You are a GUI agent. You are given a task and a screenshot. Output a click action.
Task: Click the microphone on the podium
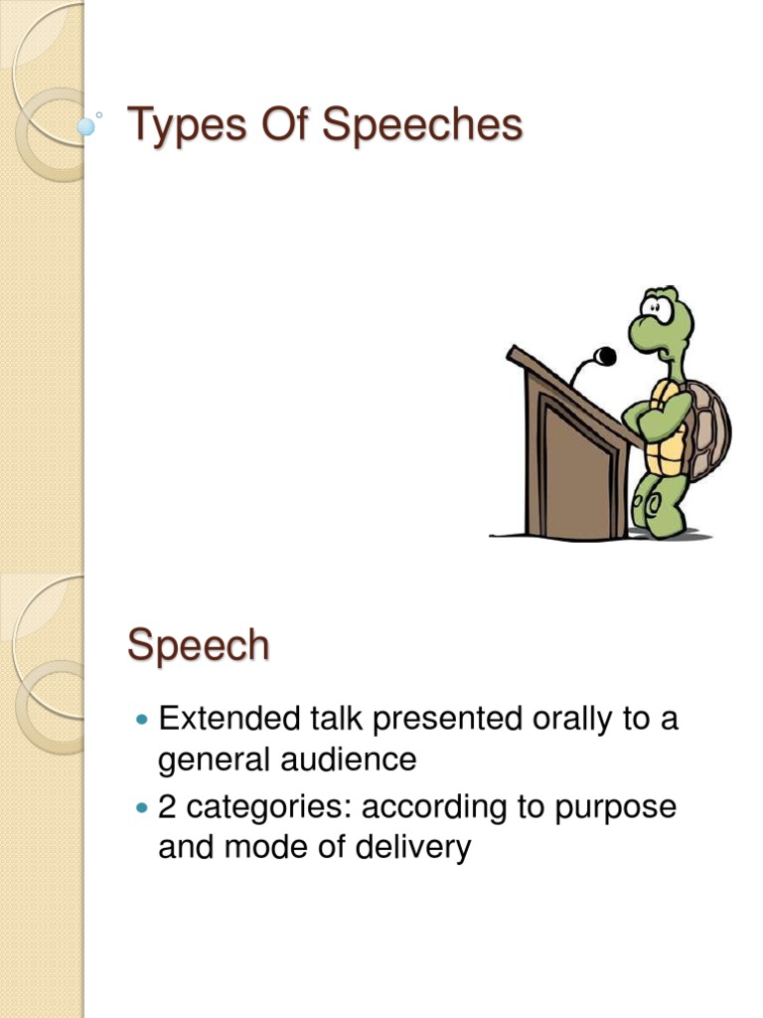coord(604,356)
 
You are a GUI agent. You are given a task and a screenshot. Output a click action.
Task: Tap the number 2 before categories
coord(168,806)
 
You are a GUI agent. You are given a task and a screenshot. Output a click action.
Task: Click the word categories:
coord(269,806)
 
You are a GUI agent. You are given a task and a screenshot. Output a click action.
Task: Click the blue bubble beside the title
coord(87,127)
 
